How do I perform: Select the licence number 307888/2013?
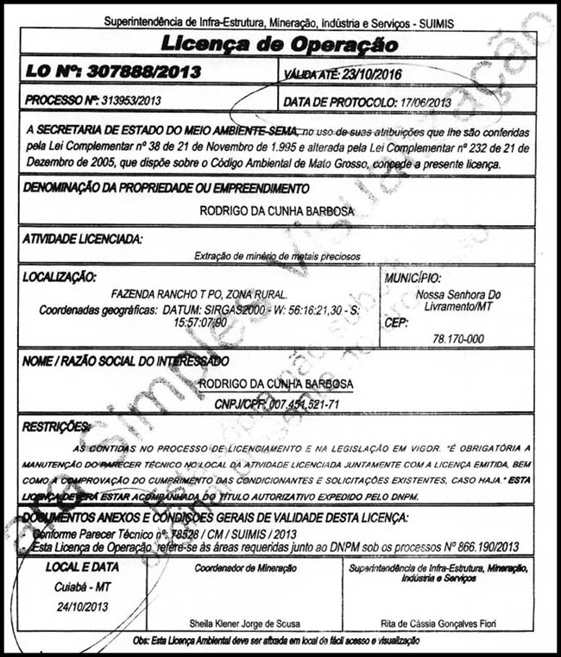point(151,71)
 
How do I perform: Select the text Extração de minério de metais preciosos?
point(276,256)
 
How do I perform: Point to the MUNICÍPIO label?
point(412,278)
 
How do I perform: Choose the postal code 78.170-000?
point(463,340)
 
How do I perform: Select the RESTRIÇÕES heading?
point(56,426)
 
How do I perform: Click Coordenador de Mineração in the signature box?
point(245,568)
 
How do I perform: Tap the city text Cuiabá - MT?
point(76,586)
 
